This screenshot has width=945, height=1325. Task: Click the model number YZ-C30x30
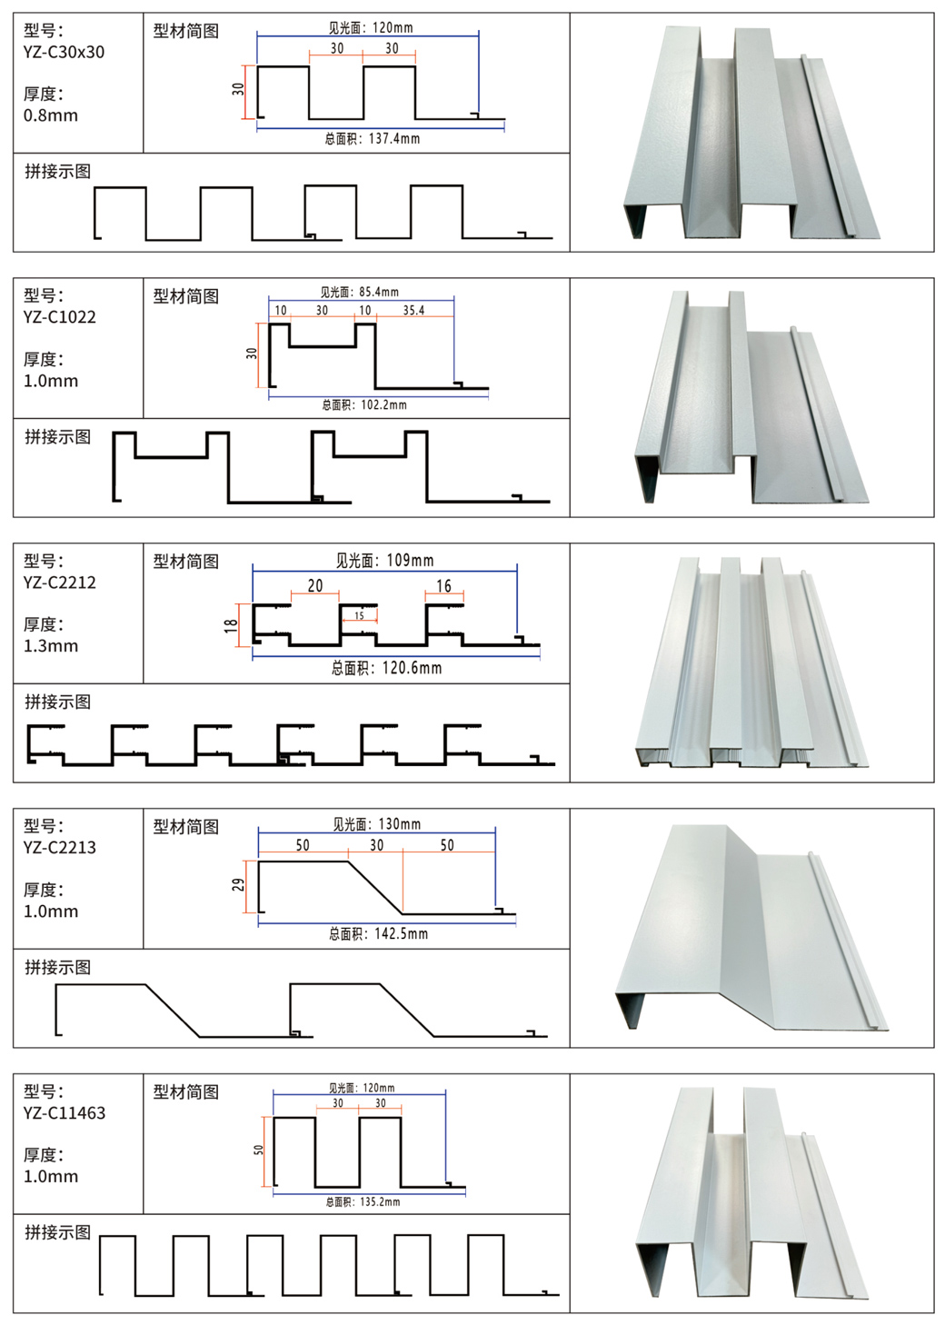click(x=64, y=53)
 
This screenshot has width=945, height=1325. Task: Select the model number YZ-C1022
click(x=60, y=317)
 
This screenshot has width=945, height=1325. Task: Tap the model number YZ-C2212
click(x=60, y=583)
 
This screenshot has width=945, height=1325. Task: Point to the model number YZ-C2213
click(x=60, y=848)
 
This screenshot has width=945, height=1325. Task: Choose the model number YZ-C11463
click(x=65, y=1113)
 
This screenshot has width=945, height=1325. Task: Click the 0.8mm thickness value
click(x=51, y=115)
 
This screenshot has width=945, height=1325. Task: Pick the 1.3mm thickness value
click(x=51, y=646)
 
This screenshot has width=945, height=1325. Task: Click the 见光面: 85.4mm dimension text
click(x=359, y=292)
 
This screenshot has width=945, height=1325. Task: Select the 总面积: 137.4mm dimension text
click(x=372, y=139)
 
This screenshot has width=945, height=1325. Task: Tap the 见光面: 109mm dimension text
click(x=384, y=561)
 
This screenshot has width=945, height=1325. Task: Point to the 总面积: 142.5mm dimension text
click(x=378, y=933)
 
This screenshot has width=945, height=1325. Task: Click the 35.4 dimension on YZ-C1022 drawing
click(x=413, y=311)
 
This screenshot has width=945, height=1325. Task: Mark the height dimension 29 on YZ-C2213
click(x=238, y=884)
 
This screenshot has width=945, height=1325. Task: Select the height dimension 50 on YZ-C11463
click(x=259, y=1150)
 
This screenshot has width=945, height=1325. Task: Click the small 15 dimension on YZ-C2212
click(x=359, y=616)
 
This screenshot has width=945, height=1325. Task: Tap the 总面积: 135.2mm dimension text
click(x=363, y=1201)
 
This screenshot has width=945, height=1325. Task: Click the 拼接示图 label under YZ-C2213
click(x=58, y=967)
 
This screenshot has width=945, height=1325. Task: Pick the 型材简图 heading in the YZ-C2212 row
click(x=186, y=562)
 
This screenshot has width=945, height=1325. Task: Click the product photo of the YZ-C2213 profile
click(x=751, y=927)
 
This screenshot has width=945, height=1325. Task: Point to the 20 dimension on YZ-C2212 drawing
click(x=315, y=586)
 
